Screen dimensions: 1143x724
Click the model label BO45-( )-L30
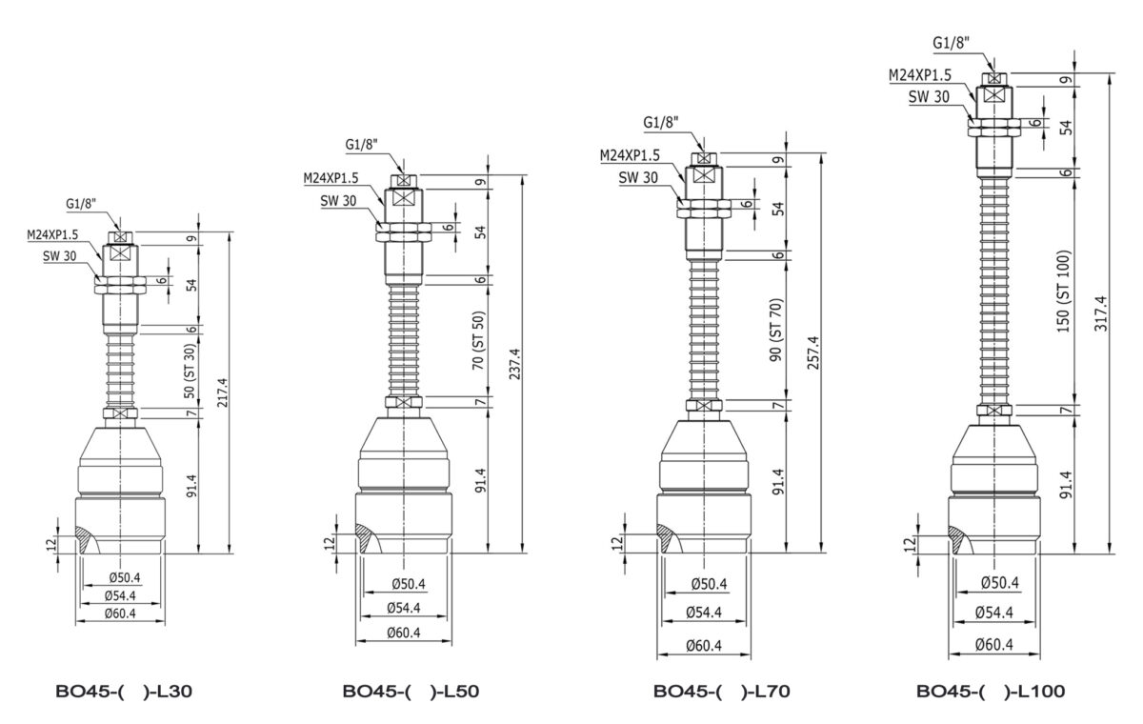(124, 692)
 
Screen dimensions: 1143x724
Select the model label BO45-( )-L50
(411, 692)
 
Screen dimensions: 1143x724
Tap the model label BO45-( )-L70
(722, 692)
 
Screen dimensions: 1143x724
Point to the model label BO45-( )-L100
(991, 692)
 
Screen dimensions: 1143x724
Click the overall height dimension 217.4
(223, 392)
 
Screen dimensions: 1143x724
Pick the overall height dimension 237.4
(514, 364)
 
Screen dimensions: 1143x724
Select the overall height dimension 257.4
(813, 352)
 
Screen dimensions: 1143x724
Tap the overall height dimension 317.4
(1101, 313)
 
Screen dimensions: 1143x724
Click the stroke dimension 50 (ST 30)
(190, 371)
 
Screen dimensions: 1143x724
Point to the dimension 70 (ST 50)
(478, 340)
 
